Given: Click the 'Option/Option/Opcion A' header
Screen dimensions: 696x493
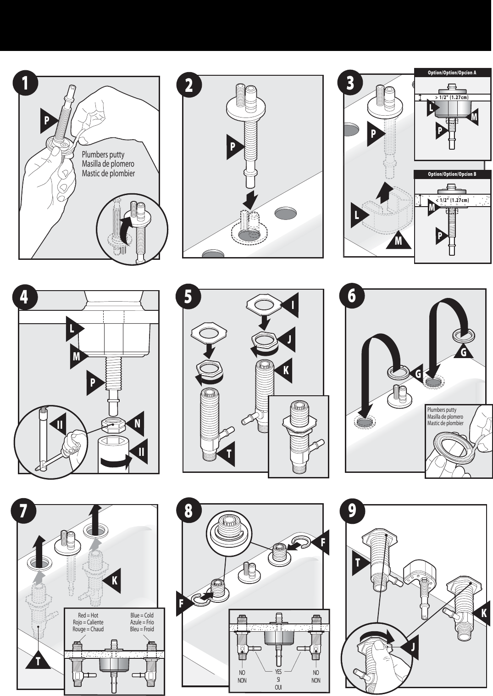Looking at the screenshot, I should coord(452,73).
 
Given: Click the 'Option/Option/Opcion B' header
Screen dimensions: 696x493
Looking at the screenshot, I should coord(452,174).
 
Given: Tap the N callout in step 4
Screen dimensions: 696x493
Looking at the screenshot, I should coord(136,424).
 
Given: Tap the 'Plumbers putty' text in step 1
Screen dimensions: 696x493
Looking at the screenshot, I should coord(103,155).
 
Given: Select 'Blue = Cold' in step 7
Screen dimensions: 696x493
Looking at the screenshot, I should coord(142,615).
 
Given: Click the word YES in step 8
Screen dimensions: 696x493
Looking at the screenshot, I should coord(278,673).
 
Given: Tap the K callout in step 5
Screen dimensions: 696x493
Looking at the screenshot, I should coord(284,370).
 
